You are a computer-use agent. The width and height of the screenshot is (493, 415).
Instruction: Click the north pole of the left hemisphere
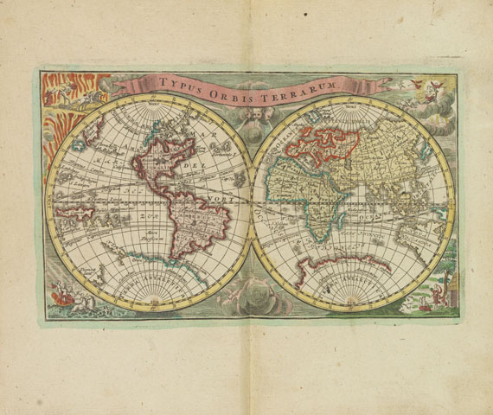click(146, 105)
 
